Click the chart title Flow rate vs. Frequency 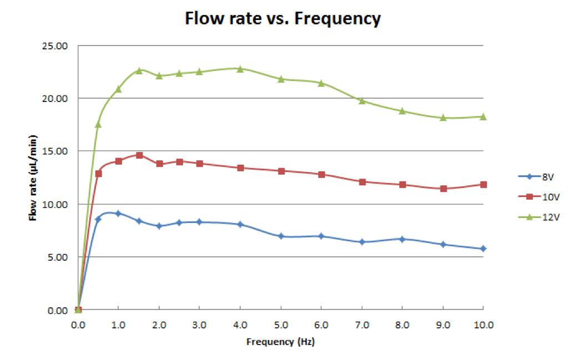(x=283, y=18)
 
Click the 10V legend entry (x=539, y=197)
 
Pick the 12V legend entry (x=539, y=217)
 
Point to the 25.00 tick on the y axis (x=55, y=46)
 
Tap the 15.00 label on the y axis (x=55, y=151)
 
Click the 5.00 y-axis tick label (x=58, y=257)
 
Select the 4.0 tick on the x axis (x=240, y=325)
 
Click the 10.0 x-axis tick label (x=484, y=325)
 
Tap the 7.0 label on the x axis (x=362, y=325)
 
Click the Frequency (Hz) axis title (x=280, y=342)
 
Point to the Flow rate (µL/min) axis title (x=33, y=178)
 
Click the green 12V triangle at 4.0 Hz (x=240, y=69)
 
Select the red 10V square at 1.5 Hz (x=139, y=155)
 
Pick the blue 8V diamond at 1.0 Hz (x=118, y=214)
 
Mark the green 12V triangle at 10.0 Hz (x=483, y=116)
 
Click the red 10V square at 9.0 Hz (x=443, y=189)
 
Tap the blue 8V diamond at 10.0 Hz (x=483, y=249)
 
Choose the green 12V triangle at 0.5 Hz (x=98, y=124)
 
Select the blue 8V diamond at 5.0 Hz (x=281, y=236)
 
